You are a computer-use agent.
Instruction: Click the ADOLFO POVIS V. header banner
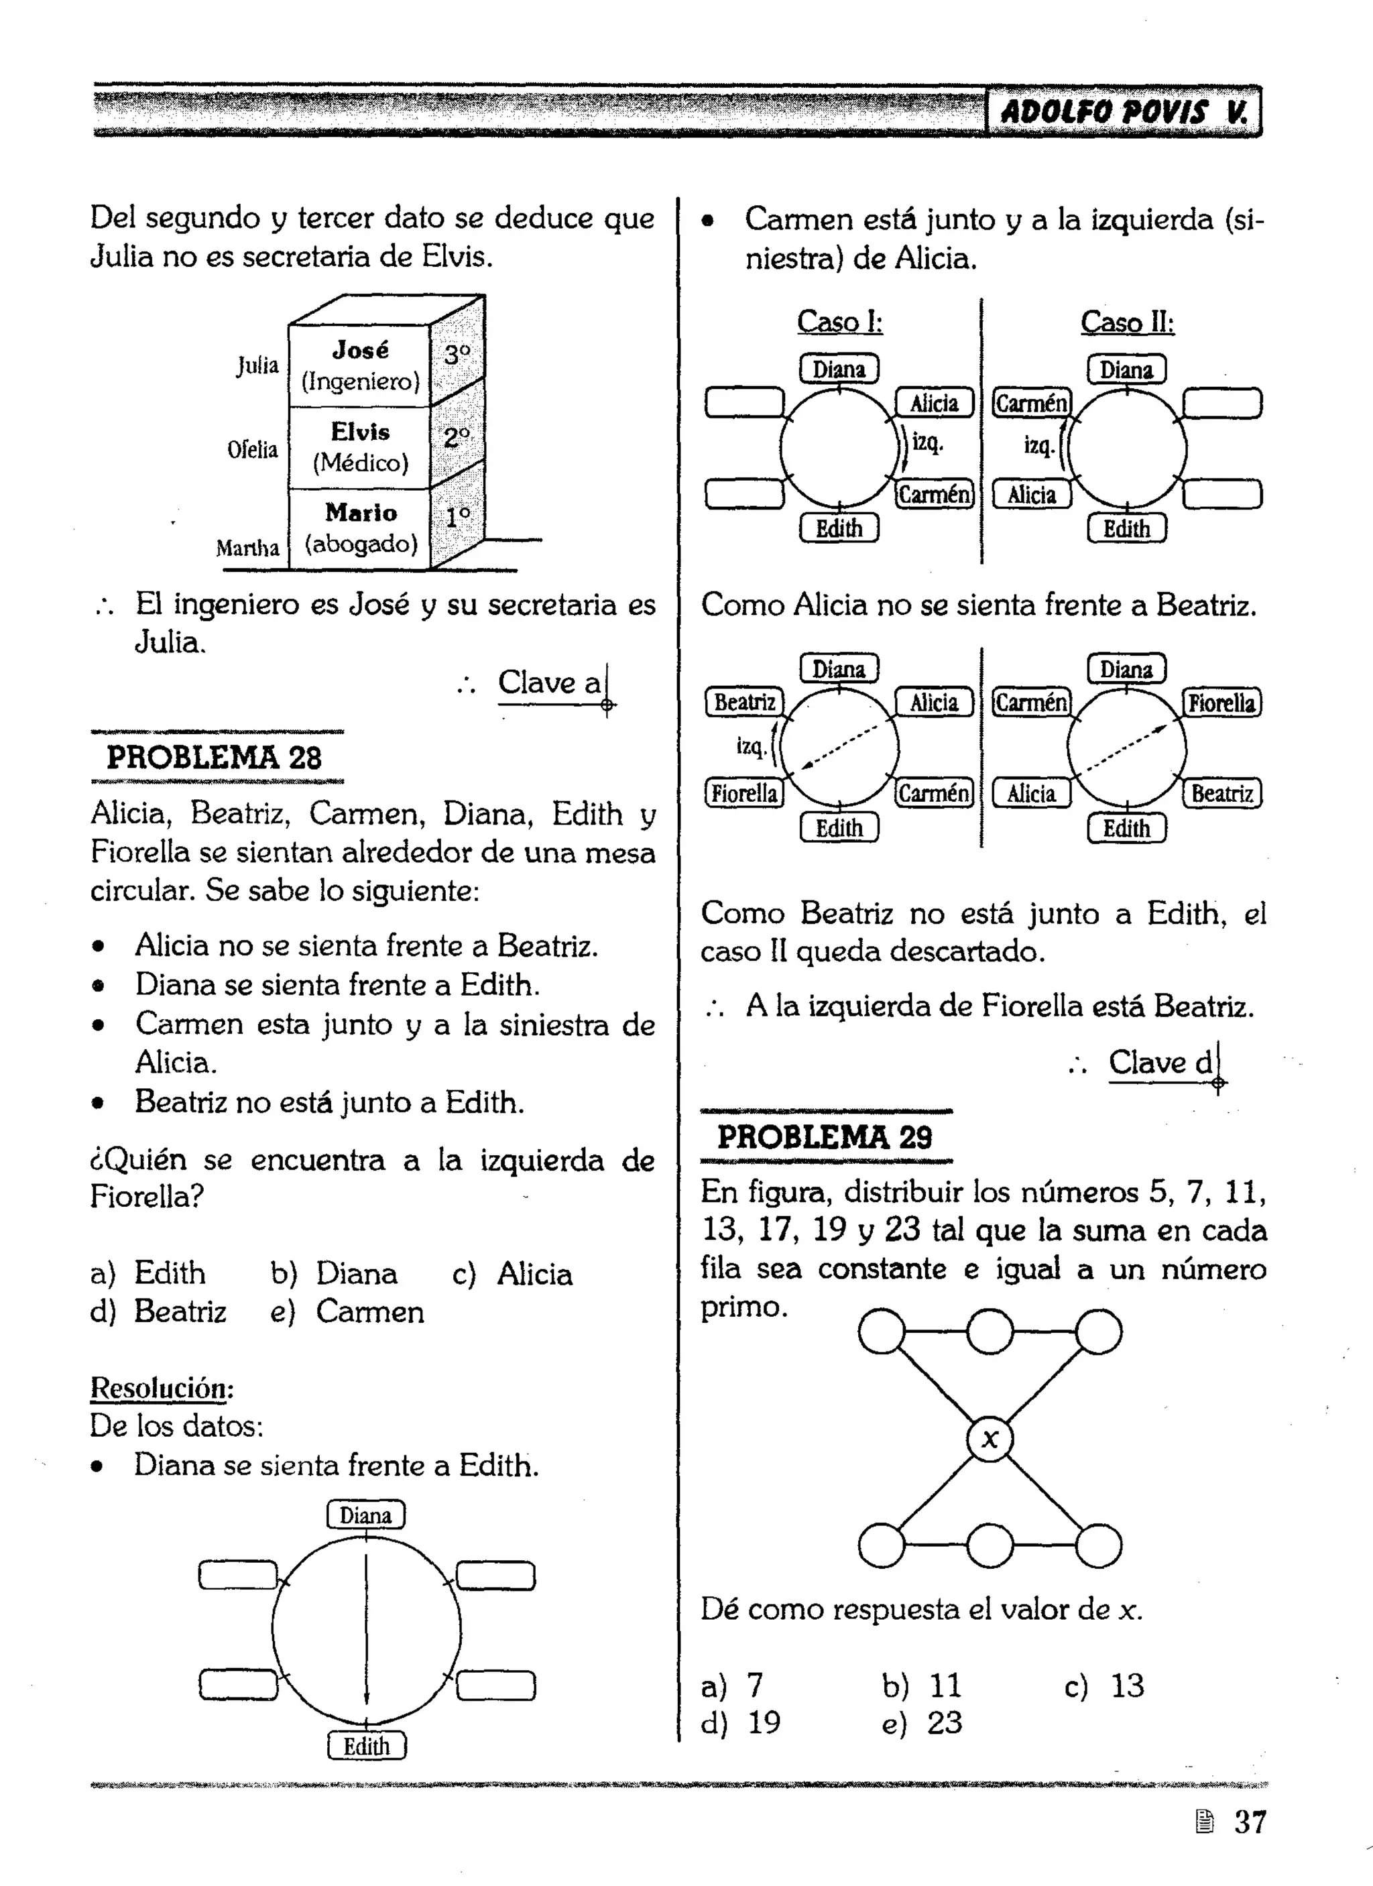[1123, 111]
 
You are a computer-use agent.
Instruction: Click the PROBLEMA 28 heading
[214, 758]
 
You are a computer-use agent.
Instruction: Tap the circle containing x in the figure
[990, 1439]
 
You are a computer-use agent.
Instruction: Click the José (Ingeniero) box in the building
[359, 366]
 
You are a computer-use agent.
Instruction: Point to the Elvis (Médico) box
[359, 447]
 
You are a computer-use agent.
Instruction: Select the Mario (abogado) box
[359, 529]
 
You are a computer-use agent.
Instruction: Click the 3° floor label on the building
[457, 356]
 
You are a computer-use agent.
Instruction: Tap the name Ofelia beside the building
[252, 450]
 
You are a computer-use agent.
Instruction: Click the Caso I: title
[840, 321]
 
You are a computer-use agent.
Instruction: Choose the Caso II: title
[1127, 322]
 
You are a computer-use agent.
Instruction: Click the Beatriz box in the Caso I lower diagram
[745, 703]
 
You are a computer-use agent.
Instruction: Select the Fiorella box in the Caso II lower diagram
[1221, 703]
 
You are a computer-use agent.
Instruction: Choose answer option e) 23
[921, 1723]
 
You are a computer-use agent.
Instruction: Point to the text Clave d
[1160, 1063]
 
